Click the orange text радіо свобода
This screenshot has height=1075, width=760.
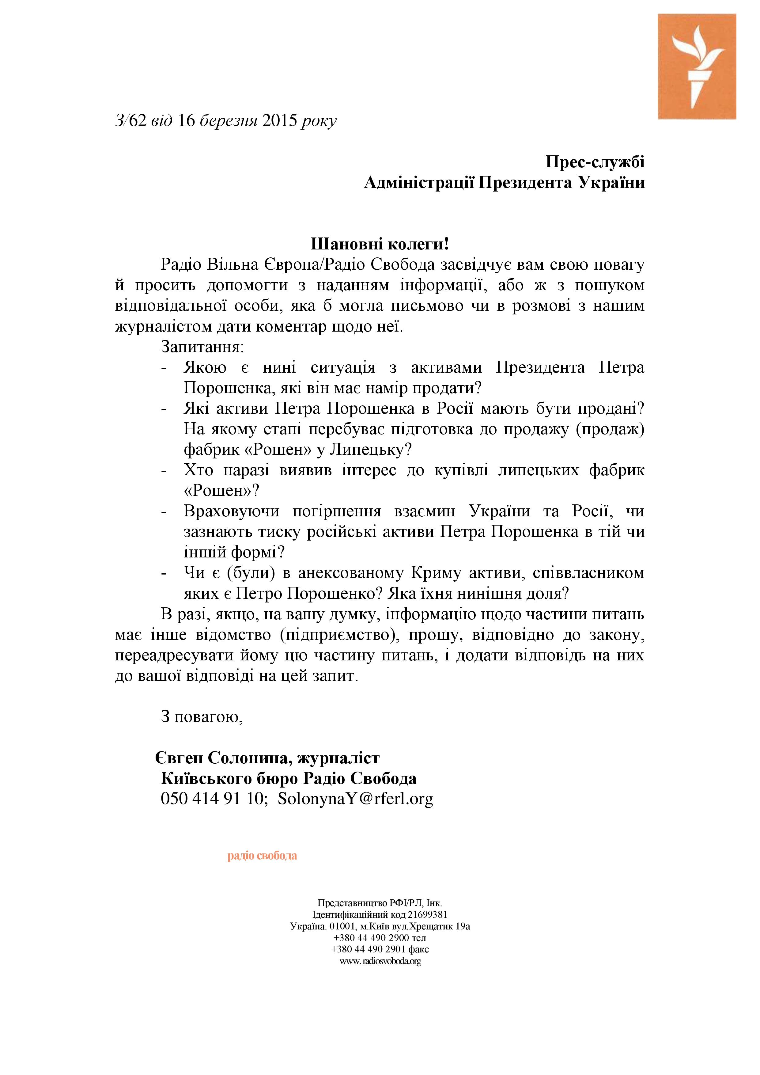[x=262, y=855]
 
